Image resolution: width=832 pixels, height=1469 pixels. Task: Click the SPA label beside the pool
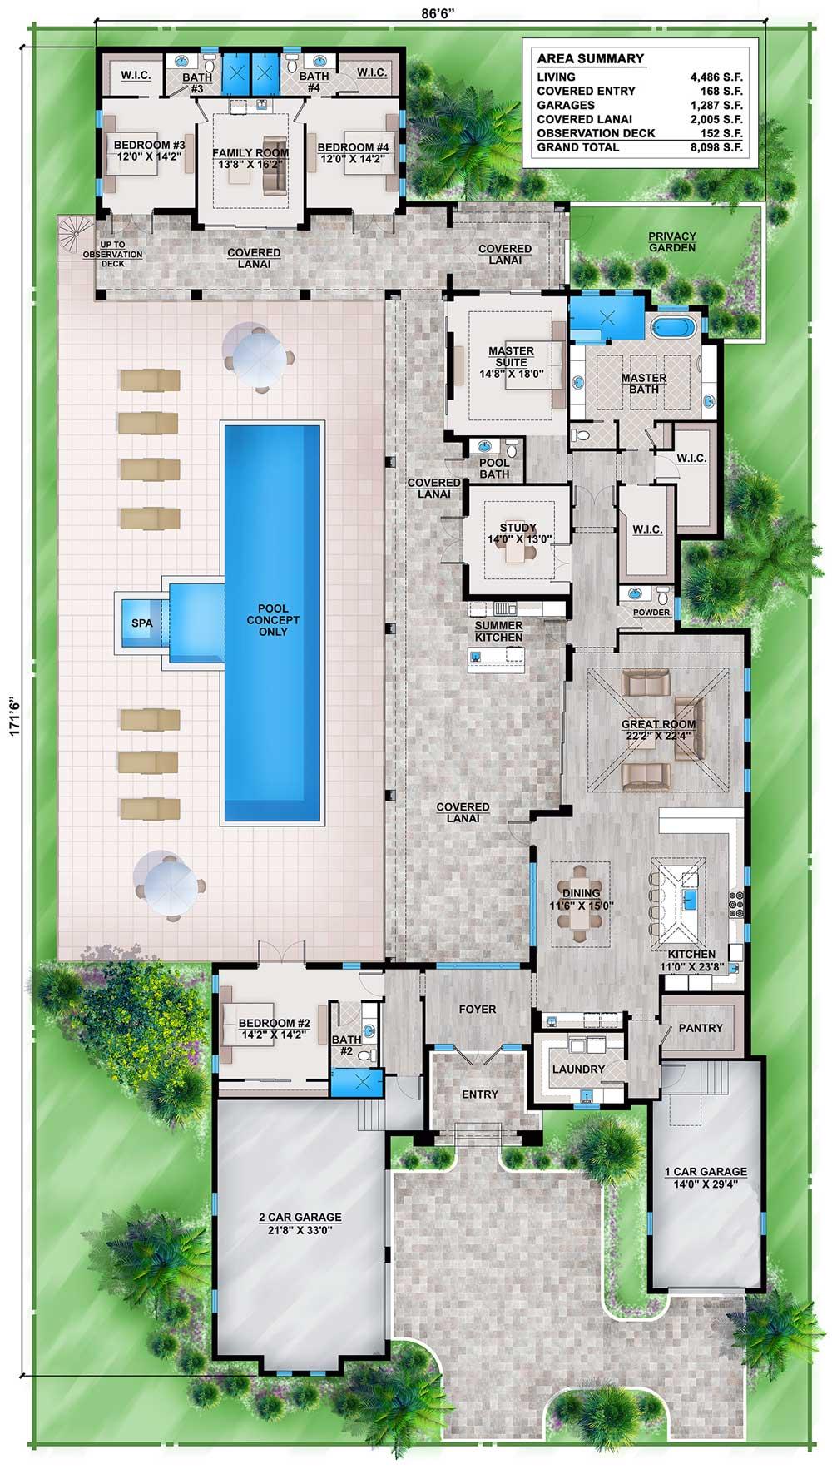pos(141,621)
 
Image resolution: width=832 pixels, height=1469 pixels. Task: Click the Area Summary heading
pos(590,58)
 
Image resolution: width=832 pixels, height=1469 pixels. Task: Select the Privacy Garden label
pos(672,241)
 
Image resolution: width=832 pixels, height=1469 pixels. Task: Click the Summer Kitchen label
pos(498,631)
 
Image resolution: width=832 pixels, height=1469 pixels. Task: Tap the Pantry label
pos(701,1028)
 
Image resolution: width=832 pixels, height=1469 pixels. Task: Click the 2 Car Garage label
pos(300,1217)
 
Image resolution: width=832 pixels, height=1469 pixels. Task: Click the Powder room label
pos(653,612)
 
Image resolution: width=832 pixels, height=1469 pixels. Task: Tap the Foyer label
pos(478,1009)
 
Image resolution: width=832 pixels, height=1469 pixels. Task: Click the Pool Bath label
pos(494,469)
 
